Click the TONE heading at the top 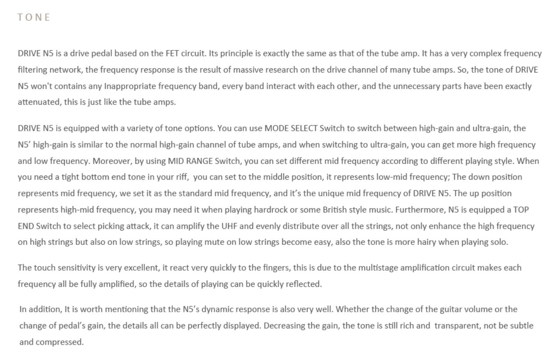coord(34,17)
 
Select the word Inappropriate coord(127,86)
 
